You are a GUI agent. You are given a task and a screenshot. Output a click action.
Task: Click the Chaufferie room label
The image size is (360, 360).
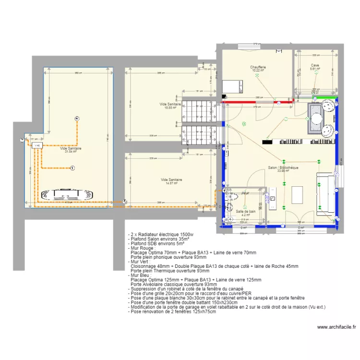point(258,67)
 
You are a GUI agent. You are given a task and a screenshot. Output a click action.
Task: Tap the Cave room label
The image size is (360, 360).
point(315,65)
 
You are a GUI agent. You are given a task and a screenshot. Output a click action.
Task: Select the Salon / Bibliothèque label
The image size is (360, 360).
point(283,168)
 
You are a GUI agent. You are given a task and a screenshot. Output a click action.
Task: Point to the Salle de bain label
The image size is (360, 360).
point(245,211)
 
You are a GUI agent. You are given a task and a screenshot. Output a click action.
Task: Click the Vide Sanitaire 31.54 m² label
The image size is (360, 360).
point(71,149)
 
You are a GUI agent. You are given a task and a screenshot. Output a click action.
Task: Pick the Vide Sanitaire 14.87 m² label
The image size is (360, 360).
point(171,180)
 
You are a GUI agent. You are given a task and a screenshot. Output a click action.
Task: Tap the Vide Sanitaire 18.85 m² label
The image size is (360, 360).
point(170,104)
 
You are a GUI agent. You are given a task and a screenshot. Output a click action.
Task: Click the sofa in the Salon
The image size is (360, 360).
point(324,192)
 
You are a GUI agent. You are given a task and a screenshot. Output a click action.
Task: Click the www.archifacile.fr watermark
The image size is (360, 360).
point(336,327)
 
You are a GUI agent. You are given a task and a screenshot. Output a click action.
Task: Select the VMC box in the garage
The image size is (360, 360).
point(36,144)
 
